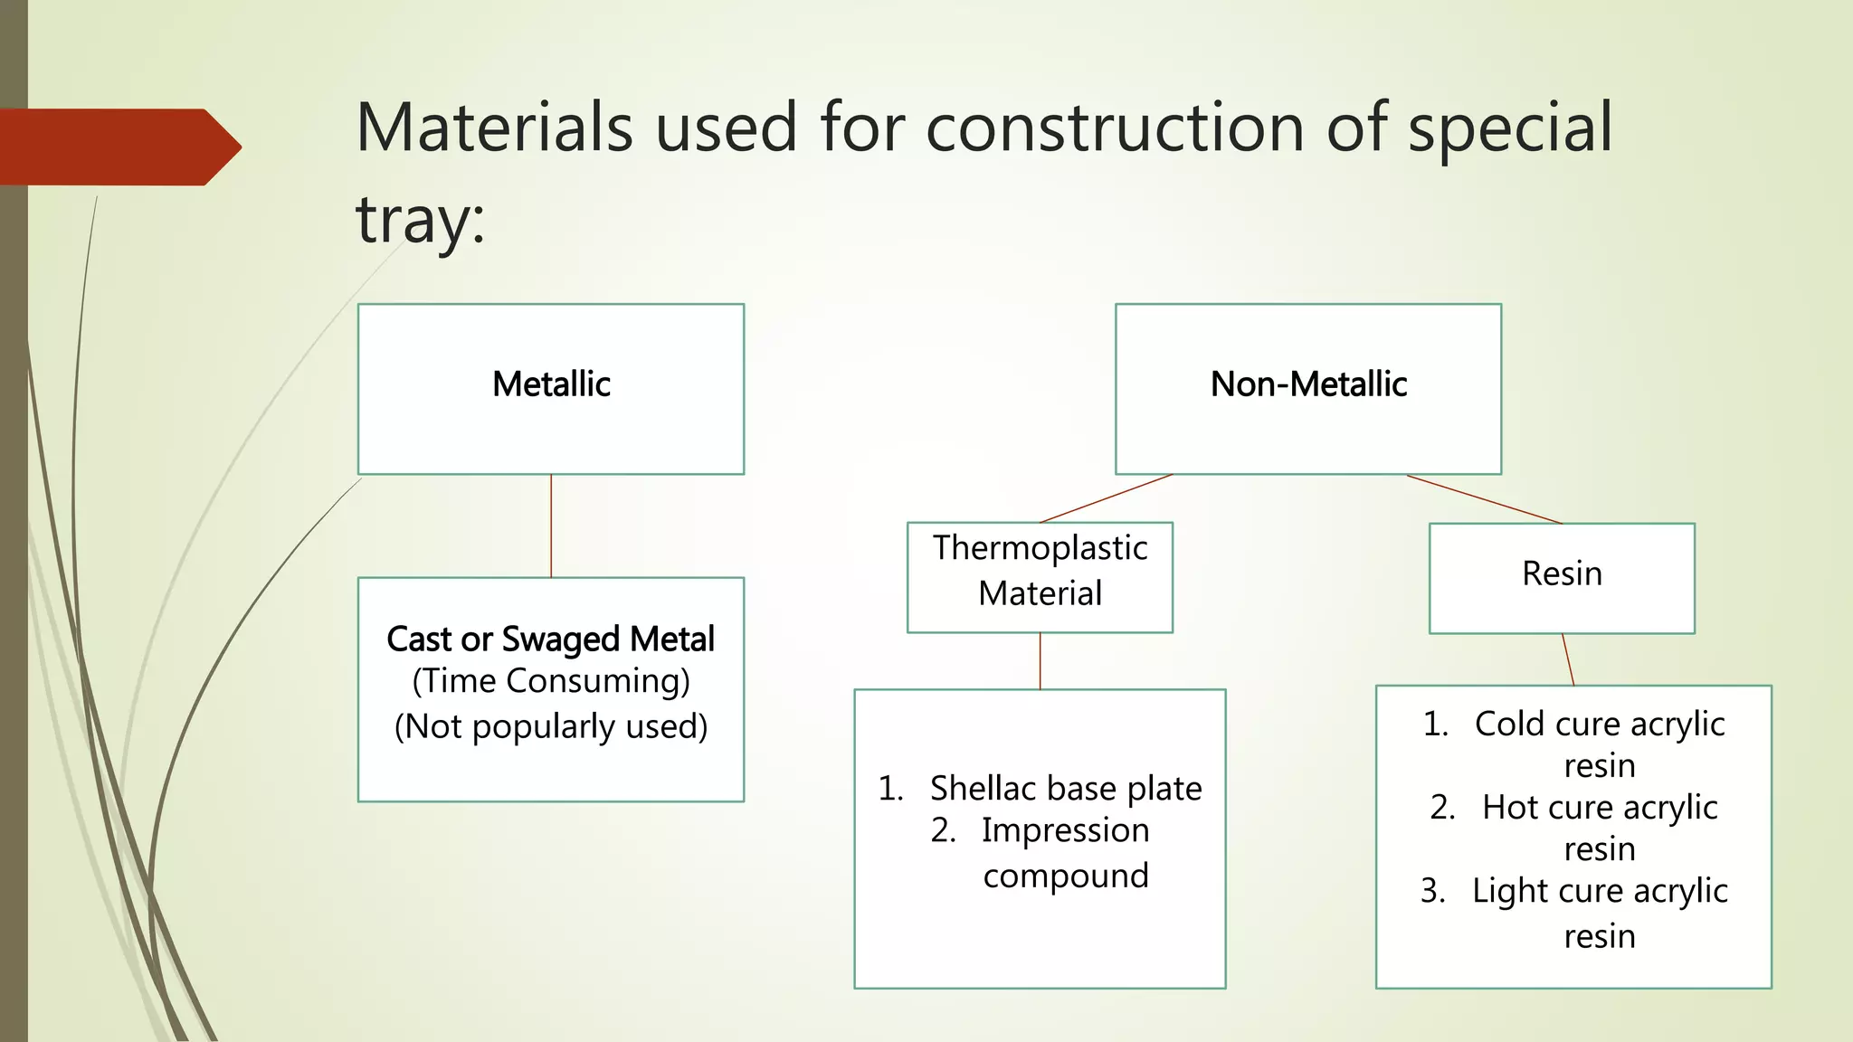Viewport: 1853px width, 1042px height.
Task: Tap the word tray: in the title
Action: click(x=421, y=220)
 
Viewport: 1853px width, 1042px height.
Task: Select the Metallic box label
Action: click(x=551, y=384)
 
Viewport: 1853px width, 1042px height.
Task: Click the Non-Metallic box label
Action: click(x=1308, y=384)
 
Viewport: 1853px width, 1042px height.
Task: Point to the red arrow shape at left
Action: click(x=118, y=147)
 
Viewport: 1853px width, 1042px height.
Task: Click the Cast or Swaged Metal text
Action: click(x=550, y=639)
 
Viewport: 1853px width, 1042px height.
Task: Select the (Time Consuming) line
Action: click(x=550, y=681)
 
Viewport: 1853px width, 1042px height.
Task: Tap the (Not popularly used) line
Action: click(x=550, y=726)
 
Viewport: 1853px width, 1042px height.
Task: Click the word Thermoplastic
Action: click(x=1040, y=548)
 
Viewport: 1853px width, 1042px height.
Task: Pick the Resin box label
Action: click(x=1562, y=573)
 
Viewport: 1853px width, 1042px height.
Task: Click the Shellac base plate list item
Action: click(x=1065, y=789)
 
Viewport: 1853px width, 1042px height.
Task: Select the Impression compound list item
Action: click(x=1065, y=852)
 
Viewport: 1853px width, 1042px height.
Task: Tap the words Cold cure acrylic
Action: click(x=1599, y=724)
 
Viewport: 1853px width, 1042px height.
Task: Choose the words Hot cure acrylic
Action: click(x=1599, y=807)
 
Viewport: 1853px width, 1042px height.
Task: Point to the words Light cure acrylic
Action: click(x=1599, y=891)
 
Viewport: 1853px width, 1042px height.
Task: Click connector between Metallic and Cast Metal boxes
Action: click(x=551, y=526)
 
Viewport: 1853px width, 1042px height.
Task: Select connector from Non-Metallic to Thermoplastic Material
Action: click(x=1106, y=498)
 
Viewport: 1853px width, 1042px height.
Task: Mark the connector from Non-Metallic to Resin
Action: click(x=1484, y=499)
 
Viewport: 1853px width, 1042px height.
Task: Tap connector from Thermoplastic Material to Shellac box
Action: click(x=1040, y=661)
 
